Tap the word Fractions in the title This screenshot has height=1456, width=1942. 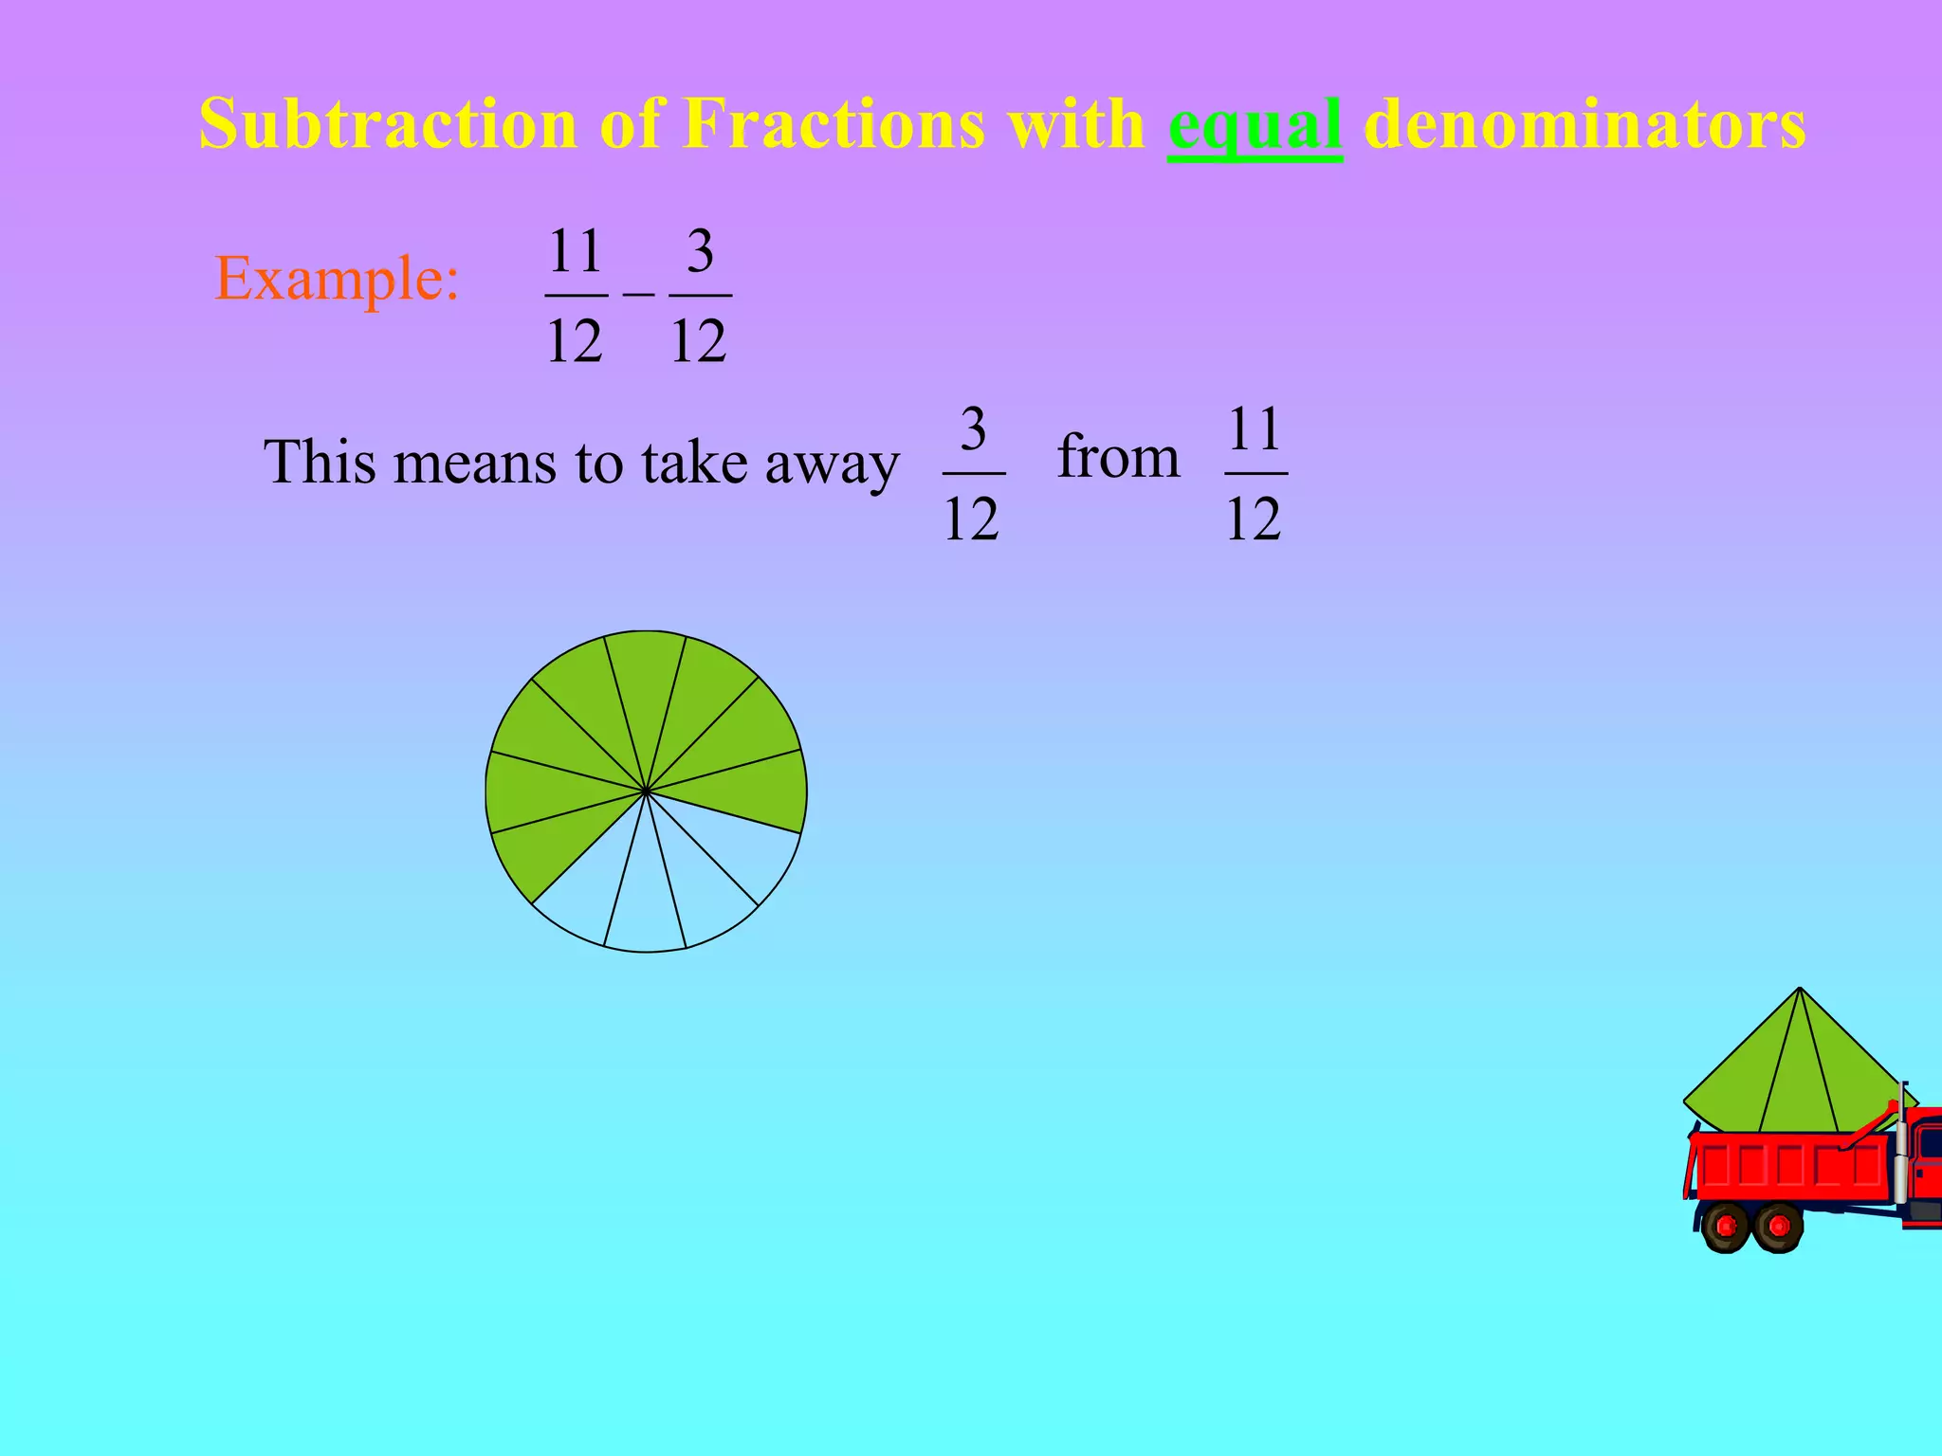coord(834,124)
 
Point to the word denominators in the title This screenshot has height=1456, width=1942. coord(1585,124)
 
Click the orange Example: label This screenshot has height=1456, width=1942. coord(337,279)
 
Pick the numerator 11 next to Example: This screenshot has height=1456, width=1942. coord(576,251)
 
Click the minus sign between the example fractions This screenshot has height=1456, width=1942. coord(638,294)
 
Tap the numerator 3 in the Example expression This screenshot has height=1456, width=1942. coord(700,251)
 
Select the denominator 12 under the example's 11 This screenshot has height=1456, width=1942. coord(575,341)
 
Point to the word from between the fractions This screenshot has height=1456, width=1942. coord(1119,457)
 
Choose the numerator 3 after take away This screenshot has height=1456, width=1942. coord(973,429)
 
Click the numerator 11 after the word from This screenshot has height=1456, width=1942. coord(1255,429)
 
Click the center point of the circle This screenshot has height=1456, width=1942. coord(646,791)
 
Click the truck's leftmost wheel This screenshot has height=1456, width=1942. coord(1726,1227)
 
